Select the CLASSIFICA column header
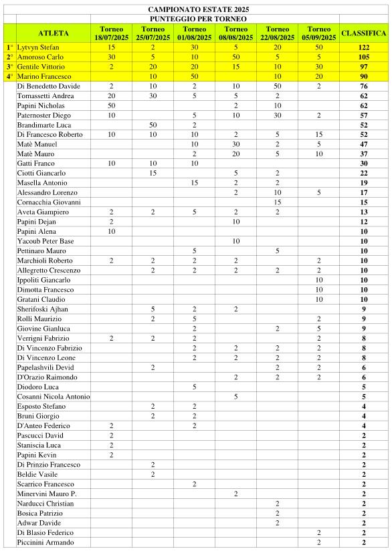(x=364, y=33)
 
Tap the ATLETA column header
(x=54, y=33)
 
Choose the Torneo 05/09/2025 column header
(x=320, y=33)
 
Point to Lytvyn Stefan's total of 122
(x=364, y=48)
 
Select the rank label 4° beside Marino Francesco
(x=9, y=77)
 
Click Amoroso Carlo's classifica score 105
(x=364, y=57)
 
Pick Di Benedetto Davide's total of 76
(x=364, y=87)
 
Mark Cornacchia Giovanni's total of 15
(x=364, y=202)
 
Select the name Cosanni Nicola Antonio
(x=54, y=397)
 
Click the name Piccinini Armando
(x=45, y=542)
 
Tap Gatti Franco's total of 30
(x=364, y=164)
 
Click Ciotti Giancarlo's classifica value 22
(x=364, y=174)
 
